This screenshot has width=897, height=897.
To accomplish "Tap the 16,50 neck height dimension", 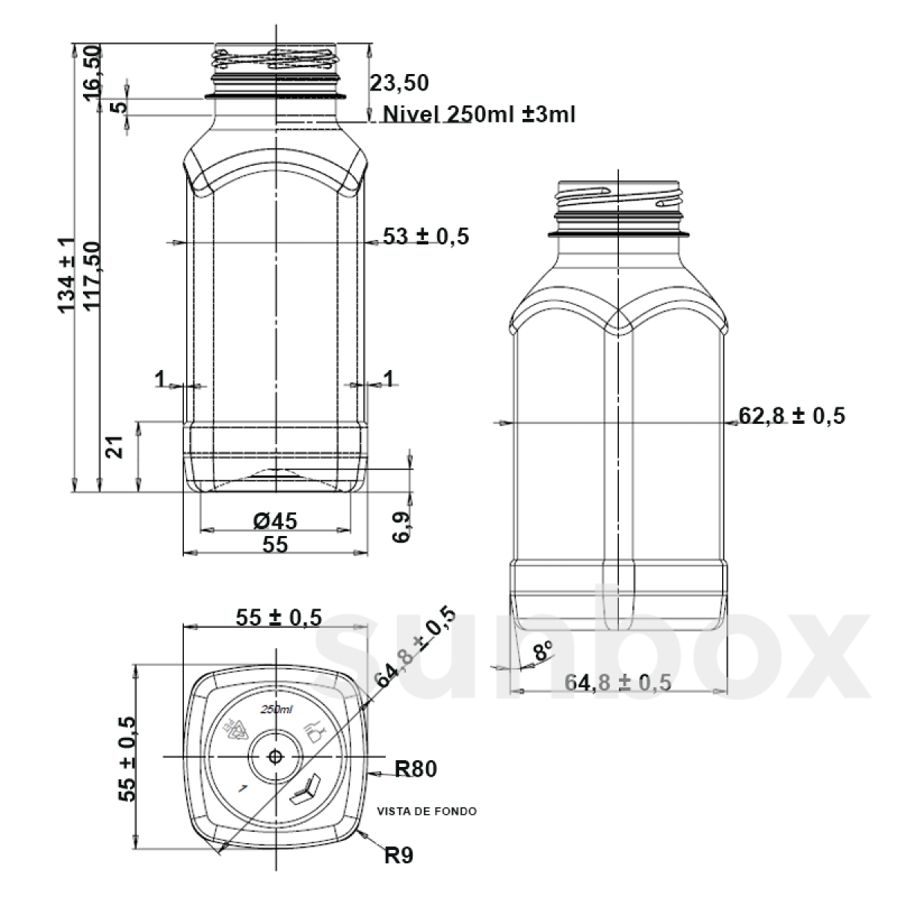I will (x=91, y=68).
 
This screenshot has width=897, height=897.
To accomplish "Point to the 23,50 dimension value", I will (x=399, y=83).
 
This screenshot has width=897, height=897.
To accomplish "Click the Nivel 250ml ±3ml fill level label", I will (x=478, y=114).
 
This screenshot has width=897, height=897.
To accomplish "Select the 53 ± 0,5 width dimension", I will (x=425, y=236).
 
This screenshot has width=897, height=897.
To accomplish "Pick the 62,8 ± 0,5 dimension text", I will (x=792, y=416).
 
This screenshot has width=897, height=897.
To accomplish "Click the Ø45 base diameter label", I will (x=275, y=520).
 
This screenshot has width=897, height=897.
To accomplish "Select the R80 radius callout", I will (x=415, y=768).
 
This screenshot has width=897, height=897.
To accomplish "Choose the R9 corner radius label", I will (x=398, y=855).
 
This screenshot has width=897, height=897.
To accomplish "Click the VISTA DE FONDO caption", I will (x=427, y=811).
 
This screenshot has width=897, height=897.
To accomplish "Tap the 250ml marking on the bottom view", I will (x=276, y=709).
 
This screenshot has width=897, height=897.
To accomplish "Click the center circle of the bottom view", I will (x=276, y=756).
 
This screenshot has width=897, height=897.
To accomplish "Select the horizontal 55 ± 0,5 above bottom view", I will (x=278, y=617).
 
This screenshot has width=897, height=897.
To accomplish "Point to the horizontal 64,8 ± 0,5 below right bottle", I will (x=617, y=682).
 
